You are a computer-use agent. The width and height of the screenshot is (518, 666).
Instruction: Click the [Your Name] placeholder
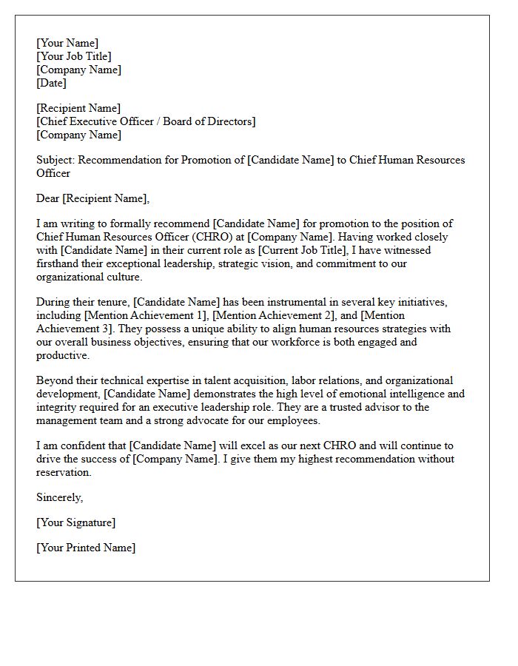click(67, 43)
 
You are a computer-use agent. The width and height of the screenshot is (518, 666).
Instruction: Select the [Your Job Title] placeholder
click(74, 56)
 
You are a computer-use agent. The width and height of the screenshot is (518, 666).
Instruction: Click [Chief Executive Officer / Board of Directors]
click(146, 121)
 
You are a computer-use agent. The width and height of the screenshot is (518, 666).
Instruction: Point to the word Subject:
click(55, 160)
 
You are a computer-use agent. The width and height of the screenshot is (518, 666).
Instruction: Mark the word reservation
click(64, 472)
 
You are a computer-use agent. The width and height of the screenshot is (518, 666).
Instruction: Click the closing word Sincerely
click(59, 497)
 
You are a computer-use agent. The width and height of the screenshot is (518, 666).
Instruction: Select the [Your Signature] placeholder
click(75, 522)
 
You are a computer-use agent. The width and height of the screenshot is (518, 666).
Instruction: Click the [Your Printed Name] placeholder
click(86, 548)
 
